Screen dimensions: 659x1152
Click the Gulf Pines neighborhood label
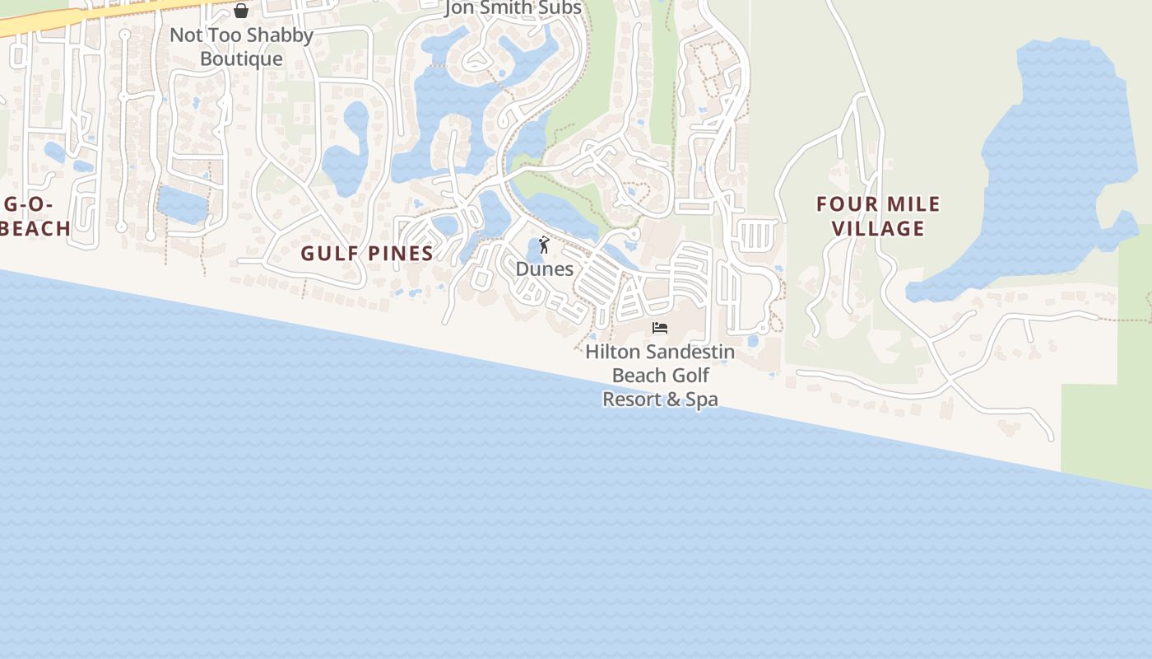click(x=367, y=253)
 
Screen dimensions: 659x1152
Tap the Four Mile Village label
click(x=878, y=216)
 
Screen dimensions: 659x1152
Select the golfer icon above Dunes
click(x=543, y=245)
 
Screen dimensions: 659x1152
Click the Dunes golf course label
click(x=544, y=269)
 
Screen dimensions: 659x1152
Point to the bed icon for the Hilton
click(x=660, y=328)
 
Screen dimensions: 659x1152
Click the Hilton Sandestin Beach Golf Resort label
click(x=660, y=376)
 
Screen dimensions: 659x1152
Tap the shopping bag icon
click(x=241, y=11)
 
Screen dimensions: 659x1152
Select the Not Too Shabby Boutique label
click(x=241, y=47)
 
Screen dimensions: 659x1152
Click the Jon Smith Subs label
click(x=513, y=8)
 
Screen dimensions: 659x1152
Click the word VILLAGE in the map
click(x=878, y=228)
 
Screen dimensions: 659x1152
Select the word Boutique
click(x=241, y=58)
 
